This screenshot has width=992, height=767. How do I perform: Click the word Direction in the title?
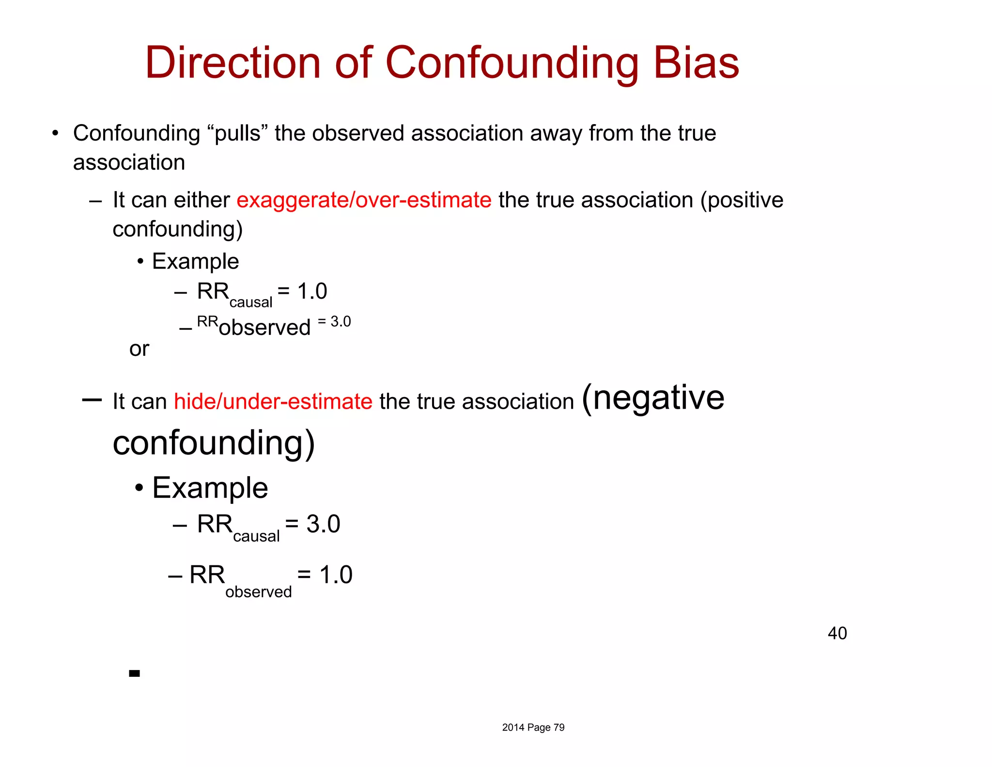[233, 63]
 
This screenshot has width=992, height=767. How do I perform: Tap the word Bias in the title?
[696, 63]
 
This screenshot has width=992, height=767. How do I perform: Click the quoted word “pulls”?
[238, 133]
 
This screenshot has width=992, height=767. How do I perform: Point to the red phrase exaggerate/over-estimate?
[364, 200]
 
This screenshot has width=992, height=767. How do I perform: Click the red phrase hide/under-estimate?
[273, 401]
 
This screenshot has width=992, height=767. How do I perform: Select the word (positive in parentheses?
[742, 200]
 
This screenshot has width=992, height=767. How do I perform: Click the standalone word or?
[139, 349]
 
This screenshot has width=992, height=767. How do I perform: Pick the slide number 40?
[837, 633]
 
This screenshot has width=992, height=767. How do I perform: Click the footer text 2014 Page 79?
[533, 727]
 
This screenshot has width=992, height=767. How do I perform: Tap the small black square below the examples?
[135, 673]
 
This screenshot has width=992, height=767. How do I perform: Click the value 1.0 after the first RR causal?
[312, 291]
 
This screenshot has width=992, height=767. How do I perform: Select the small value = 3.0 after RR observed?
[334, 321]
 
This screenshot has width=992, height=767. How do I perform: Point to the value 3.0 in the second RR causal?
[323, 524]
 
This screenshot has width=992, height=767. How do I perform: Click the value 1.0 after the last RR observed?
[336, 575]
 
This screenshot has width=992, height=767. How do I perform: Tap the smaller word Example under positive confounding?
[195, 261]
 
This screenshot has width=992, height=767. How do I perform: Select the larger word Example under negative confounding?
[210, 488]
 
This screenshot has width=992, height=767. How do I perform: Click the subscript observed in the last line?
[258, 592]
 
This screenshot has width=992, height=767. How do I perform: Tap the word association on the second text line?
[129, 162]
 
